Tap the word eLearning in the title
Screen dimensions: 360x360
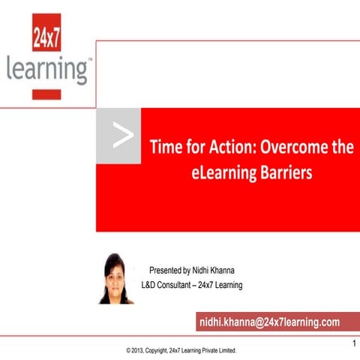click(x=221, y=172)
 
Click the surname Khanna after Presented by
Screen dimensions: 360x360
click(x=239, y=270)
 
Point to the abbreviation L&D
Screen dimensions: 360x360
click(x=151, y=285)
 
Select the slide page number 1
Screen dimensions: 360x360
click(x=352, y=343)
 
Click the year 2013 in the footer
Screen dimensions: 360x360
click(x=140, y=350)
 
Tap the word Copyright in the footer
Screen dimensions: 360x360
click(x=164, y=350)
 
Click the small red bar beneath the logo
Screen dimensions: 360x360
click(x=47, y=94)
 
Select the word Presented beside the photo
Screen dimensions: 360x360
click(x=167, y=270)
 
